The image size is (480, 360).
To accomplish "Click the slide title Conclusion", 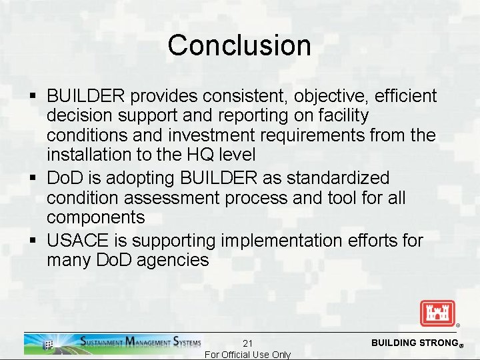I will [239, 45].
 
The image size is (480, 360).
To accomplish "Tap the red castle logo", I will [437, 313].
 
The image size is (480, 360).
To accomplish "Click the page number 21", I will [247, 343].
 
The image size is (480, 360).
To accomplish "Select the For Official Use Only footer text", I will [247, 355].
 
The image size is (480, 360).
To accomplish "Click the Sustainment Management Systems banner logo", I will [113, 343].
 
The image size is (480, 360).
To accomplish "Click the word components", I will [95, 218].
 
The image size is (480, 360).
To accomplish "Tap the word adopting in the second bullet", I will [141, 178].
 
